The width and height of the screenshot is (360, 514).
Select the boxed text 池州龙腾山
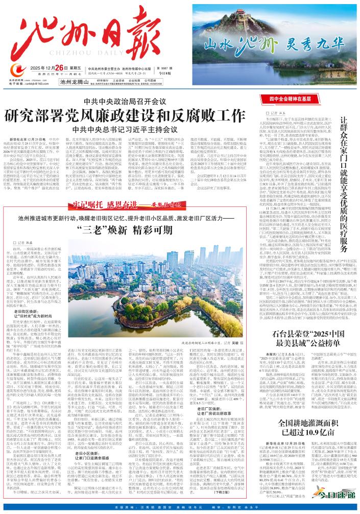click(x=75, y=81)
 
